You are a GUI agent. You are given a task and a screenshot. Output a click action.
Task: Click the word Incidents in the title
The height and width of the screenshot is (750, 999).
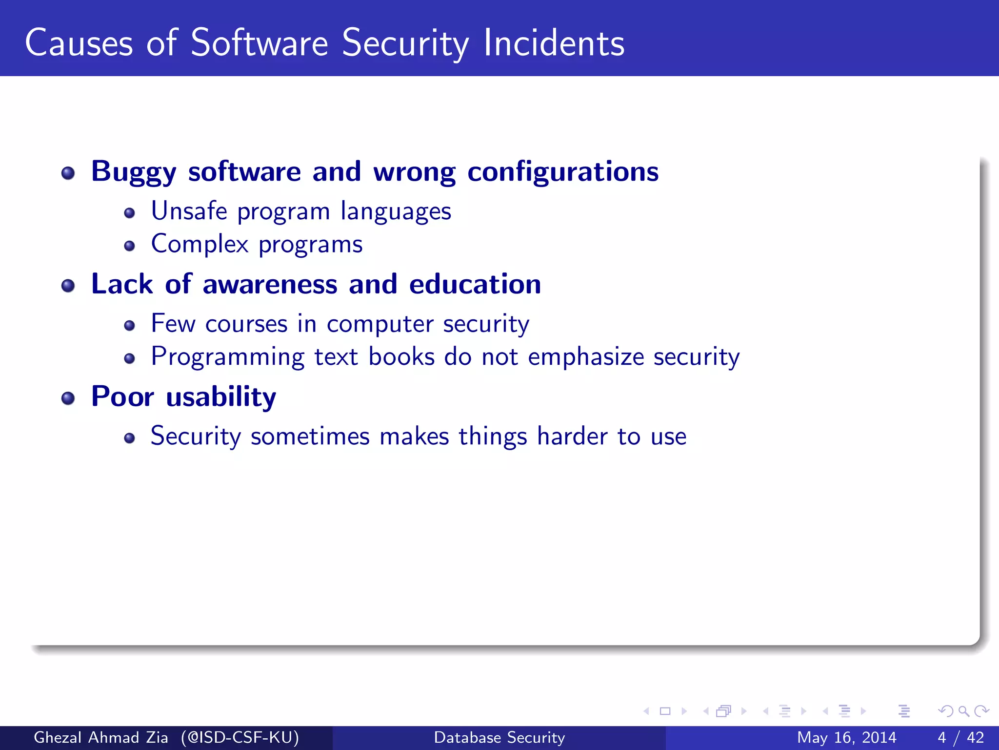click(554, 43)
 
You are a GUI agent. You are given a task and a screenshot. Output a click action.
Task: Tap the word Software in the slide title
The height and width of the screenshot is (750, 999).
click(259, 43)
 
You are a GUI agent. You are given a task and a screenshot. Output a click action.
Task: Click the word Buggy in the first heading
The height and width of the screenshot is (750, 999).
click(134, 172)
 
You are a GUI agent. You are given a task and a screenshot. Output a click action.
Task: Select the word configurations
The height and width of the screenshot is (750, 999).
click(563, 172)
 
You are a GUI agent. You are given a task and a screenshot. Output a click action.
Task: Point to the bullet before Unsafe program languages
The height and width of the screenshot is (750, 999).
click(129, 213)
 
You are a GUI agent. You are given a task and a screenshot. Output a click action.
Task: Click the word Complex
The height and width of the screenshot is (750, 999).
click(200, 244)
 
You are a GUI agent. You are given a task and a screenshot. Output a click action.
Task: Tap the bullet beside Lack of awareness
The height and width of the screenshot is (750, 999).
click(68, 286)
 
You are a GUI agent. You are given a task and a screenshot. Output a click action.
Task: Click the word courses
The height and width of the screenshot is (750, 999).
click(246, 324)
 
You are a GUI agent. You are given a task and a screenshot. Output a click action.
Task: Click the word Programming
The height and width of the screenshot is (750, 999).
click(227, 357)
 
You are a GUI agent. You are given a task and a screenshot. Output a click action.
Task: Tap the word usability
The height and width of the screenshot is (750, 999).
click(221, 397)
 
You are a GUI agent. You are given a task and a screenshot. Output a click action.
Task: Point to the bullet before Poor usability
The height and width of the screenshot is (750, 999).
click(68, 398)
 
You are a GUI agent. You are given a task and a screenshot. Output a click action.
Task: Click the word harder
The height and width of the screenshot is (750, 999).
click(572, 436)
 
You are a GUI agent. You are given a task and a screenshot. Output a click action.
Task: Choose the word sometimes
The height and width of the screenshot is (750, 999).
click(310, 436)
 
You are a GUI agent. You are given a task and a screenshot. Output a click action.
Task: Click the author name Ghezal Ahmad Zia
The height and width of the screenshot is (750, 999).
click(101, 737)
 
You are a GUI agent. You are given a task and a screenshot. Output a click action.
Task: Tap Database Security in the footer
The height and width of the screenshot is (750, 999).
click(499, 737)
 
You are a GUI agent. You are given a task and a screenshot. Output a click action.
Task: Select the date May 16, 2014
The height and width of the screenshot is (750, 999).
click(846, 737)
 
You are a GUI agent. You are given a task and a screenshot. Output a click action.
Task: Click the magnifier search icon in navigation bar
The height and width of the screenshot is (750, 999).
click(963, 711)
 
